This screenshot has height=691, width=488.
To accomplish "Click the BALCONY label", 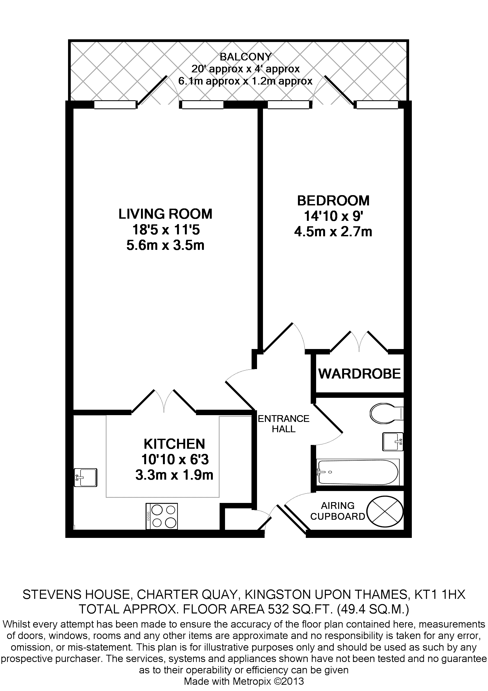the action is pos(245,57).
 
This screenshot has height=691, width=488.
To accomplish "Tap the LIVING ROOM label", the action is pos(165,214).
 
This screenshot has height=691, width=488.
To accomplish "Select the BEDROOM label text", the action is pos(333,201).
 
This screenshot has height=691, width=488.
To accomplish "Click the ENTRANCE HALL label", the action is pos(284,424).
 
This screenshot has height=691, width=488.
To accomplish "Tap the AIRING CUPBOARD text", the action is pos(338,511).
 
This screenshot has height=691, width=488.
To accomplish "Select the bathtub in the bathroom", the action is pos(358,472).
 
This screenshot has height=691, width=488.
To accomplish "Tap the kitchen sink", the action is pos(86,477).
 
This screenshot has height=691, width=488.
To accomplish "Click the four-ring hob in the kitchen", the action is pos(162,516).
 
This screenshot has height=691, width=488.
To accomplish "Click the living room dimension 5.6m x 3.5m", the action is pos(165,245).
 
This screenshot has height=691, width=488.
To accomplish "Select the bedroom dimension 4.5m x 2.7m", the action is pos(333,232).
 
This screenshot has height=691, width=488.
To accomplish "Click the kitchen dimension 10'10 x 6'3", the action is pos(175,460).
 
